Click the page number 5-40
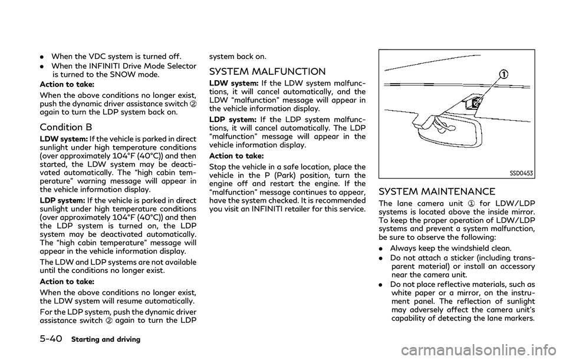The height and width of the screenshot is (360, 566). click(x=51, y=339)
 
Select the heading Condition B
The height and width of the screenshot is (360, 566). click(x=66, y=127)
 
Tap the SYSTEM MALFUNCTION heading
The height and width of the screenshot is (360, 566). click(x=267, y=71)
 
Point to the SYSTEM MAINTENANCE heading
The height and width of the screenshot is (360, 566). click(x=437, y=191)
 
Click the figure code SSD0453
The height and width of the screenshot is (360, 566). click(x=522, y=174)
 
